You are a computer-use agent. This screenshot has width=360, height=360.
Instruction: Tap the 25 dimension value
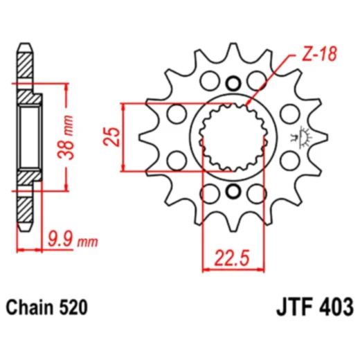tap(111, 136)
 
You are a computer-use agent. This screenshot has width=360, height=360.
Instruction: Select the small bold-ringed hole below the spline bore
tap(233, 192)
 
